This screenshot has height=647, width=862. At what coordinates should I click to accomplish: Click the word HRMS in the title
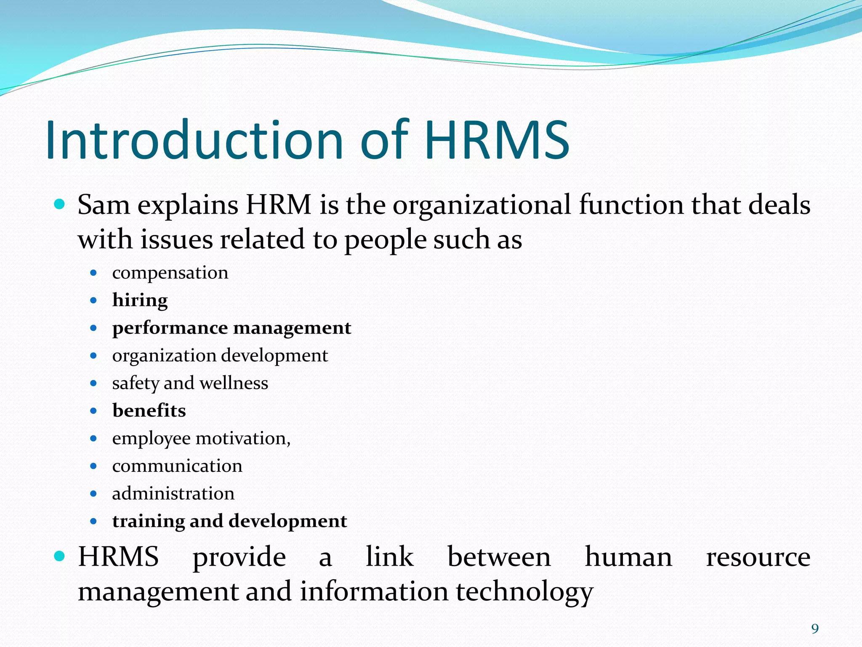click(497, 140)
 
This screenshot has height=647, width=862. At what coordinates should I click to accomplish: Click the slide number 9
click(815, 629)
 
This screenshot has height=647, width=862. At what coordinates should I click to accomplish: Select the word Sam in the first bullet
click(104, 205)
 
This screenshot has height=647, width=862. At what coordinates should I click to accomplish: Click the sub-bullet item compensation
click(170, 273)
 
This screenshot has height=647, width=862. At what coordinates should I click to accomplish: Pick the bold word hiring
click(140, 300)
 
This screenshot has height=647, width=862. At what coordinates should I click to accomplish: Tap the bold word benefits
click(149, 411)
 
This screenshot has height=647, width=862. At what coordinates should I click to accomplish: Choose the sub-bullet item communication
click(177, 466)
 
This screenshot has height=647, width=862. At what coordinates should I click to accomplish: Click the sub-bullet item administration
click(173, 493)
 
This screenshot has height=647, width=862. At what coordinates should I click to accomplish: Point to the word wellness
click(234, 383)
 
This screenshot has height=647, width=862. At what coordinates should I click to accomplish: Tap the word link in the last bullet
click(389, 557)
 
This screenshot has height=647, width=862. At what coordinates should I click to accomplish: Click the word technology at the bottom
click(524, 591)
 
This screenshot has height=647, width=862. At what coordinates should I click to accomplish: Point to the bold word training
click(148, 521)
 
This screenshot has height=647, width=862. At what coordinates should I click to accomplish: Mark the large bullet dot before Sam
click(60, 205)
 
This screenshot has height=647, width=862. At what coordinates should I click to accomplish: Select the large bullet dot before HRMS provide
click(60, 556)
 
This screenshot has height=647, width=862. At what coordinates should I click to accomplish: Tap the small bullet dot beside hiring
click(93, 300)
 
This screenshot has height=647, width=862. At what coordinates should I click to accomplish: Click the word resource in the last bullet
click(758, 557)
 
